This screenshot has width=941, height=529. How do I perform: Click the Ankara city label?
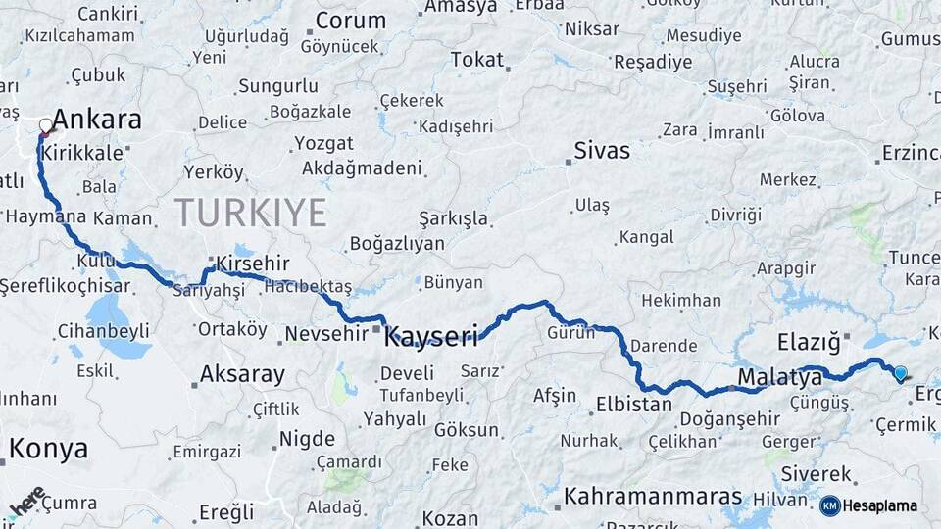96,120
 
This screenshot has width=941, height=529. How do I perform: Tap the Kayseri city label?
431,338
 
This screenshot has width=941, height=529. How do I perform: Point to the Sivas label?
602,151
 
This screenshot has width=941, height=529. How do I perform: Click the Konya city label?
48,449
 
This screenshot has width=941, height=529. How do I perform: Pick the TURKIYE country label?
250,212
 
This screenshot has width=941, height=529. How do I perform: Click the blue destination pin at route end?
900,372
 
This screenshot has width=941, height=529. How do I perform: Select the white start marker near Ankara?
45,125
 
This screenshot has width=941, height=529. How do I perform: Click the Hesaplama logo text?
879,505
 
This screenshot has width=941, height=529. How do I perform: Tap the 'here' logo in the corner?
27,501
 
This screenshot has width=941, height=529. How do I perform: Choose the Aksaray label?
242,373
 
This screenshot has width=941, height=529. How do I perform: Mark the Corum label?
350,21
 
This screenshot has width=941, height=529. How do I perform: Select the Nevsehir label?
327,334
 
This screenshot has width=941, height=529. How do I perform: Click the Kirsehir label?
254,264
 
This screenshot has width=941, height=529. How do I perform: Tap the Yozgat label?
323,143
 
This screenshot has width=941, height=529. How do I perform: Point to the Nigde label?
307,438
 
